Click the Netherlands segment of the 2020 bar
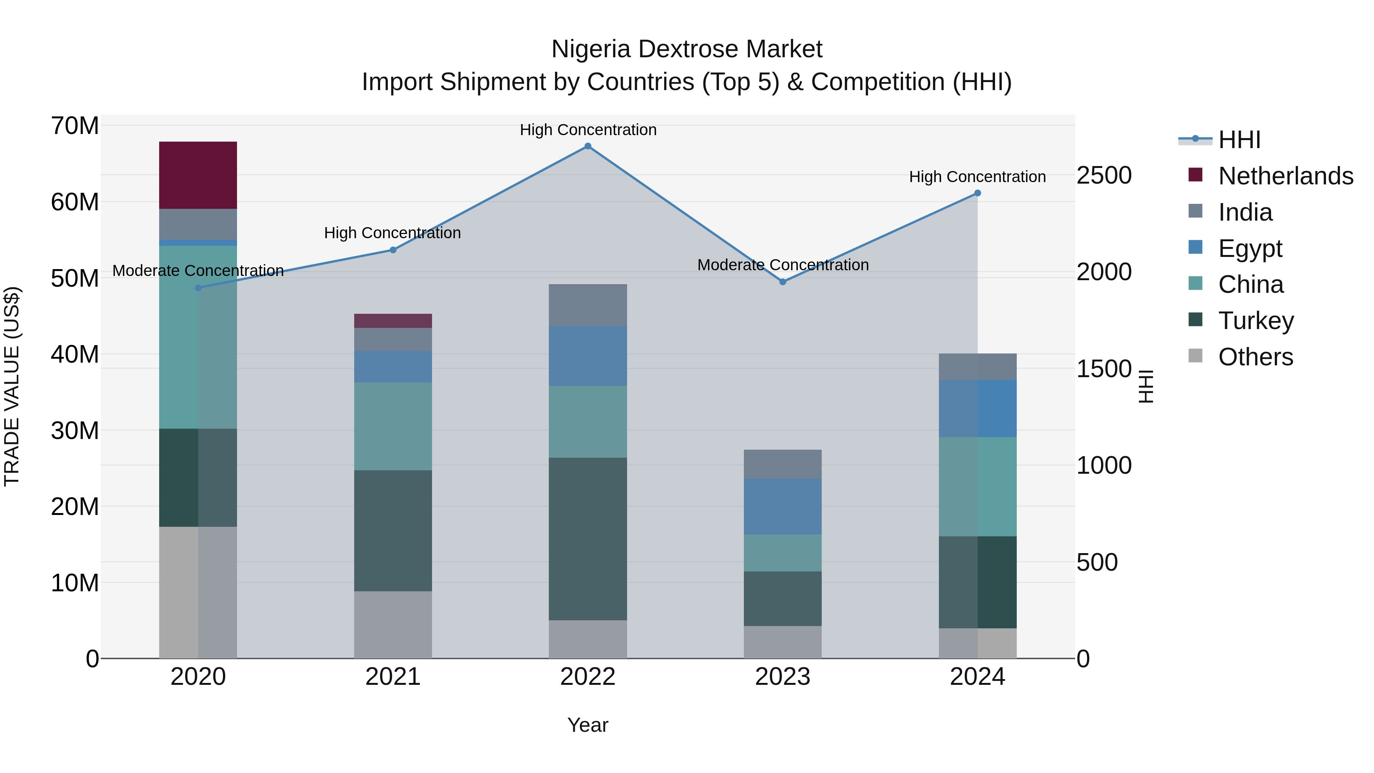(198, 175)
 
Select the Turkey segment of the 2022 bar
(588, 539)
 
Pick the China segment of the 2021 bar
(393, 426)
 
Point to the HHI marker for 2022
(588, 146)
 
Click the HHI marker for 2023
(782, 282)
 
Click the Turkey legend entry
(1256, 321)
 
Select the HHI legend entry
(1239, 140)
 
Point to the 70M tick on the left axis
(75, 126)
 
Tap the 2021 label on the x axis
(393, 676)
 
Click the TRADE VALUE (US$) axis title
(12, 386)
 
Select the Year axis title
(588, 725)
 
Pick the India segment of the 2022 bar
(588, 305)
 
